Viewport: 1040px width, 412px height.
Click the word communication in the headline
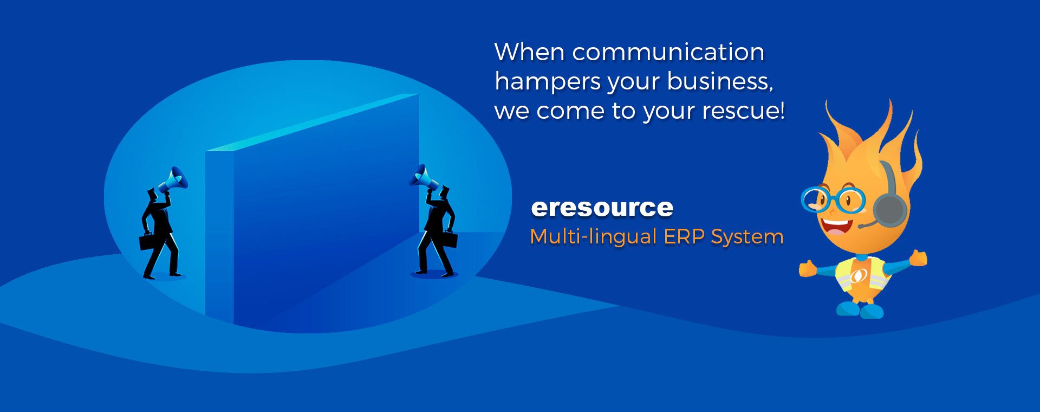tap(668, 53)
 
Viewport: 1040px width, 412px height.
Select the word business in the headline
tap(720, 81)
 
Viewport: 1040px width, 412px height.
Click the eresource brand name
tap(602, 208)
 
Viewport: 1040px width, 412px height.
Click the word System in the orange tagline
tap(747, 237)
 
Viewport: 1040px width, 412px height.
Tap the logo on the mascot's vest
tap(859, 276)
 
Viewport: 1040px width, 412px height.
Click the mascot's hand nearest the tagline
tap(807, 268)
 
